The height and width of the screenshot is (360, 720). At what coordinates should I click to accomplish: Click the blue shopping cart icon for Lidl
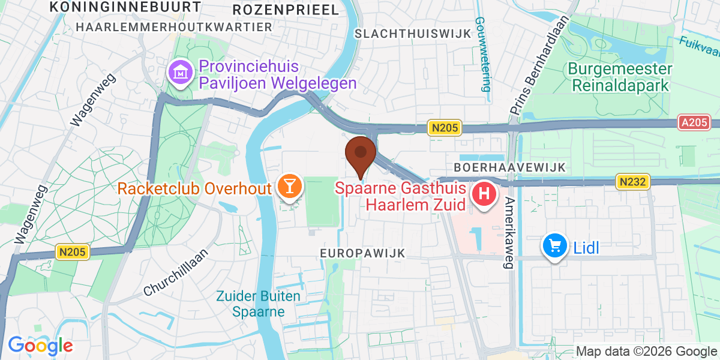pyautogui.click(x=555, y=246)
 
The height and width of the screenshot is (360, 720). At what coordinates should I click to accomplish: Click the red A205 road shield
pyautogui.click(x=695, y=122)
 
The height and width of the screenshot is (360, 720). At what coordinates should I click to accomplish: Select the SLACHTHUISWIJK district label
pyautogui.click(x=413, y=34)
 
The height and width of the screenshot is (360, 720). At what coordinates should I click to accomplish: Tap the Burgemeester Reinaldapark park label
pyautogui.click(x=620, y=77)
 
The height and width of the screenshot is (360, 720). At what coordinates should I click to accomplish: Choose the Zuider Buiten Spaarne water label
pyautogui.click(x=259, y=304)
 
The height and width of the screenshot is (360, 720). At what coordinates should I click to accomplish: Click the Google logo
pyautogui.click(x=40, y=345)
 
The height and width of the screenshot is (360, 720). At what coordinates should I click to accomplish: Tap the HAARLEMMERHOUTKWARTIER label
pyautogui.click(x=175, y=28)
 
